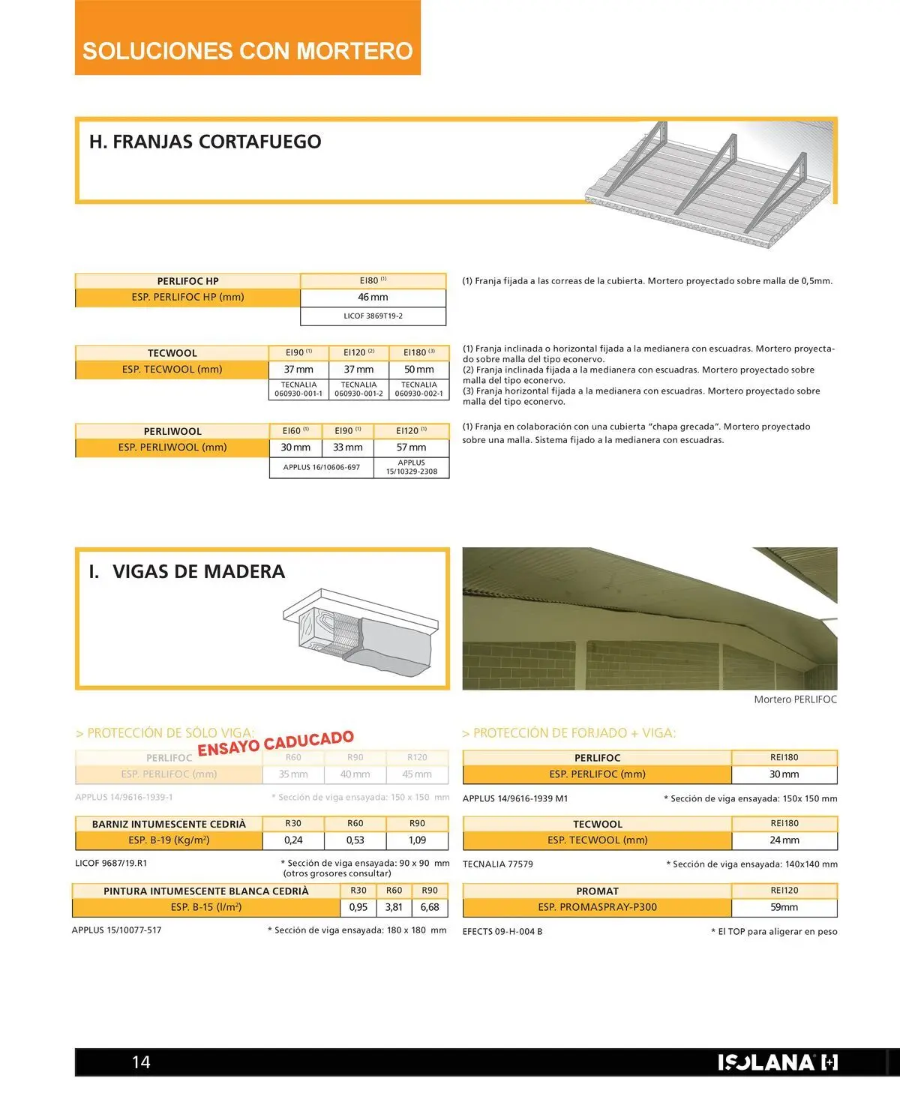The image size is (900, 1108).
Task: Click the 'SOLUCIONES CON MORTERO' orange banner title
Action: coord(247,50)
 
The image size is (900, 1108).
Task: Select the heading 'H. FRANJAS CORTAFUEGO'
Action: coord(205,142)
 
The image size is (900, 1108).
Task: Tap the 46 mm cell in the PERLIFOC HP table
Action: coord(373,298)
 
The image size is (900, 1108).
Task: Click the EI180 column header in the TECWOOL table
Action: coord(418,352)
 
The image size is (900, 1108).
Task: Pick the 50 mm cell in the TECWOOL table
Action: coord(418,370)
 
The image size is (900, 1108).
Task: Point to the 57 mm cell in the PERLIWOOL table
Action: coord(411,448)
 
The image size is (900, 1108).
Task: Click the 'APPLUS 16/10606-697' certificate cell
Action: coord(321,468)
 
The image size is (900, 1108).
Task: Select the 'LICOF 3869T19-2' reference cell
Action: coord(373,316)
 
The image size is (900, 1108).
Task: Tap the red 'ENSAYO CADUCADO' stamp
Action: coord(275,742)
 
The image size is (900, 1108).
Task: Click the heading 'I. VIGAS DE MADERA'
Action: coord(187,572)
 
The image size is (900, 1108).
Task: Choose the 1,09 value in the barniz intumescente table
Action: coord(417,840)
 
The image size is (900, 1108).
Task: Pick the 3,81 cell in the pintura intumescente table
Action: coord(394,907)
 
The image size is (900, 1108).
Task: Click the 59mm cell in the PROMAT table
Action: coord(784,907)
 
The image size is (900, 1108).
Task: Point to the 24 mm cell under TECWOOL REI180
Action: coord(784,840)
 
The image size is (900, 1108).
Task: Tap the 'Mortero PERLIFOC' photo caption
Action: coord(795,699)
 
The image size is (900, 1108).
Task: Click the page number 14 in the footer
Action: coord(141,1062)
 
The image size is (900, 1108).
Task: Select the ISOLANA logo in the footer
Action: coord(777,1062)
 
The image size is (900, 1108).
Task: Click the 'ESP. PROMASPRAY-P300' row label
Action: coord(597,907)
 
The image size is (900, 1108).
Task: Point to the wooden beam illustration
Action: coord(360,631)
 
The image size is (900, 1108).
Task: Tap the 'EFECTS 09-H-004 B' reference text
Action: coord(502,932)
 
